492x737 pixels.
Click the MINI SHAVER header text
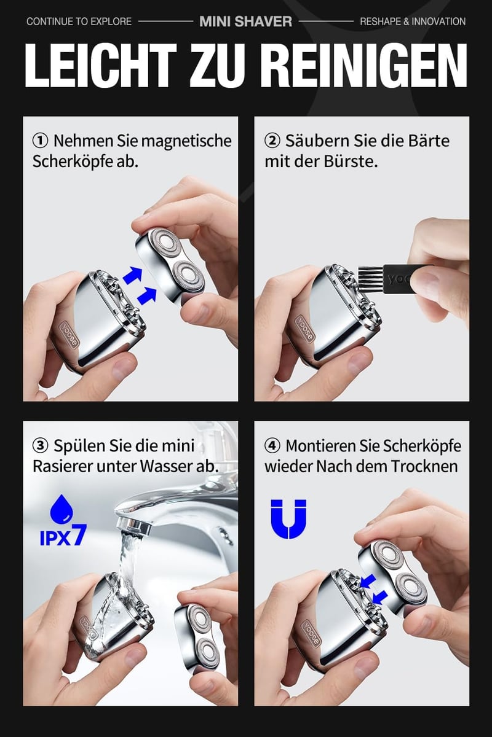click(246, 21)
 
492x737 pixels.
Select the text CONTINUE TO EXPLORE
click(79, 21)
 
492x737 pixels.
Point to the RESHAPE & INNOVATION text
click(413, 21)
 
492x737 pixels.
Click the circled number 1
click(41, 141)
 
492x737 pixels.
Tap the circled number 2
click(272, 141)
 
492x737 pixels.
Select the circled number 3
click(41, 446)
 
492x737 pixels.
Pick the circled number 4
click(272, 446)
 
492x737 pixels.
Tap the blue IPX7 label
click(63, 535)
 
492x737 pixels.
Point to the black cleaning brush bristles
click(370, 276)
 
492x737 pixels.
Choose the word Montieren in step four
click(320, 446)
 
